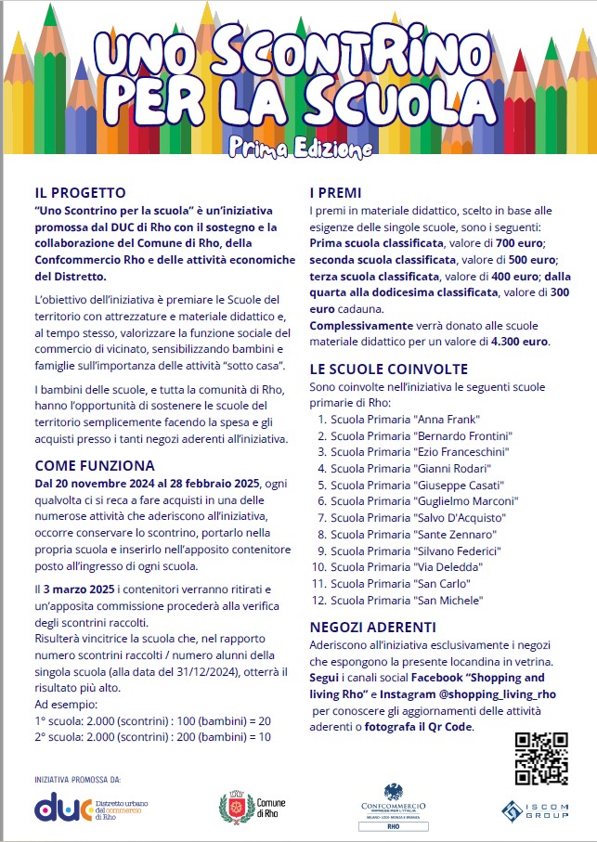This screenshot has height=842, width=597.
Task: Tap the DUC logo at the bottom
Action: click(x=63, y=808)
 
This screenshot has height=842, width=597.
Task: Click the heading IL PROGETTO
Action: click(x=80, y=193)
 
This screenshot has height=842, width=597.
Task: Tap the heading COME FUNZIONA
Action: click(x=95, y=466)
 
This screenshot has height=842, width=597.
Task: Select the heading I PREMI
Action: click(x=338, y=193)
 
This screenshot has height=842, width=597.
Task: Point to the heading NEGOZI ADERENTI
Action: click(x=372, y=628)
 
